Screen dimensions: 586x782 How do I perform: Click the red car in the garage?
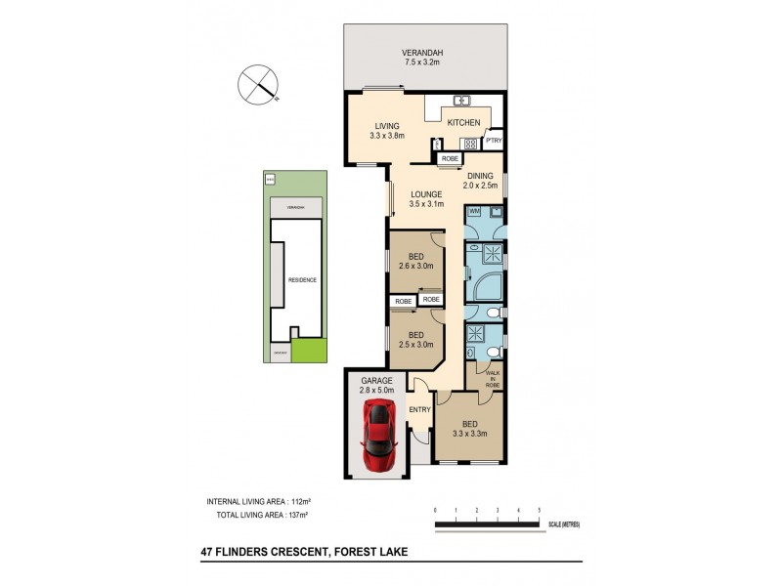click(376, 435)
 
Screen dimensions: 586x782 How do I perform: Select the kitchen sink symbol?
click(461, 100)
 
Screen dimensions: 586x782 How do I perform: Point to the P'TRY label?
click(493, 142)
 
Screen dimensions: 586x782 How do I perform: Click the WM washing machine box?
click(473, 211)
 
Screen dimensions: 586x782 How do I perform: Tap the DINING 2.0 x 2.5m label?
click(480, 181)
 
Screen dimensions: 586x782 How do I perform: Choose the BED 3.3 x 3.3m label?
click(469, 429)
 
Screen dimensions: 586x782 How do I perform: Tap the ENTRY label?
click(419, 409)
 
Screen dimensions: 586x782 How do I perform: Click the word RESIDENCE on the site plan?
click(302, 280)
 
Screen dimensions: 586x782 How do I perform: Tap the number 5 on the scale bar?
click(539, 511)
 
